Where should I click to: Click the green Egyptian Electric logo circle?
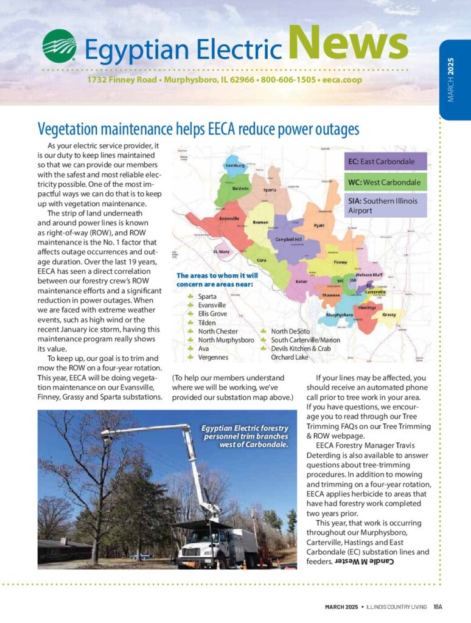[59, 46]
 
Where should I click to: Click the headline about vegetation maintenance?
[198, 129]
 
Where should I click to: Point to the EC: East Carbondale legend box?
[386, 162]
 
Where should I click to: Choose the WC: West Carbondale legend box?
[386, 183]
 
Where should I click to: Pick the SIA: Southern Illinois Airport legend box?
[386, 205]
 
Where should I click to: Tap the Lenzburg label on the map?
[235, 165]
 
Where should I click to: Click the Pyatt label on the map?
[319, 226]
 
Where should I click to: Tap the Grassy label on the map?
[389, 315]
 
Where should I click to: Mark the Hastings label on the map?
[366, 308]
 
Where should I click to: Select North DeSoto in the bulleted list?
[290, 332]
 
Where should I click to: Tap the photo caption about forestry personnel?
[245, 436]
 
